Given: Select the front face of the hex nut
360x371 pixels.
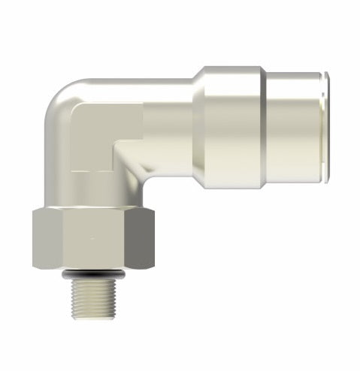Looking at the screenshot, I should point(93,240).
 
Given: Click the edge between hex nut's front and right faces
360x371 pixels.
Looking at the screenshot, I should point(129,240).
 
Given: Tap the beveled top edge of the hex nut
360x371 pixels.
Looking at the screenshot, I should point(93,211).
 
